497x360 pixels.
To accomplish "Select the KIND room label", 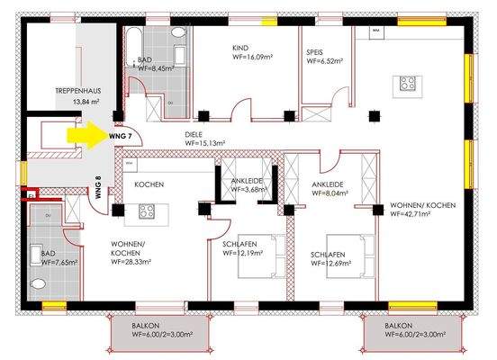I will [240, 49].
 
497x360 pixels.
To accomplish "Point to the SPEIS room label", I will [316, 50].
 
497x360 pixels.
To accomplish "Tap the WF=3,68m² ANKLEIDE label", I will [247, 190].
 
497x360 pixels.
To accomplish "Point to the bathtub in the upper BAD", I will [130, 40].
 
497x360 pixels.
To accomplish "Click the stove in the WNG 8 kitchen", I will [147, 212].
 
